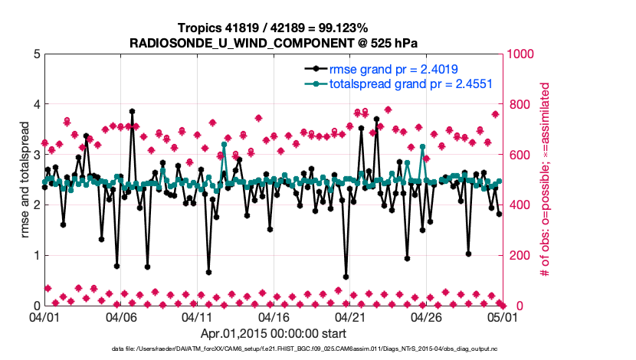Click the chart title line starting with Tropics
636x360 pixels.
point(272,28)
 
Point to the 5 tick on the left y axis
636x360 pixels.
point(35,54)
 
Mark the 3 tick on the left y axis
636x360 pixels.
point(35,155)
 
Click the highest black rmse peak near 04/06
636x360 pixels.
point(132,111)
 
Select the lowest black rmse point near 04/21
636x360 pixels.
point(346,277)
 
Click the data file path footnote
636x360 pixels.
point(272,349)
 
